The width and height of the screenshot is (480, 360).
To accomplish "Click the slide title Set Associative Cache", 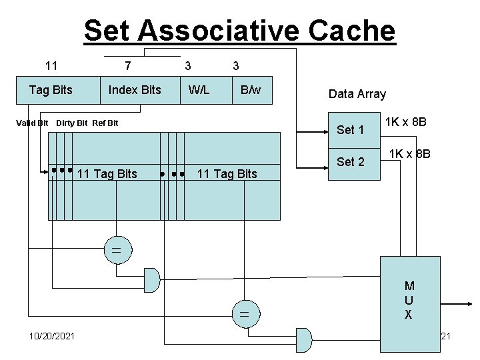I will [x=239, y=31].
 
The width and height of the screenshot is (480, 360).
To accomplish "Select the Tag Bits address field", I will [x=51, y=90].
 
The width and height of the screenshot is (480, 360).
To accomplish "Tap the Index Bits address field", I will [x=135, y=90].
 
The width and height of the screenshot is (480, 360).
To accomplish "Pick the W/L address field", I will [x=199, y=90].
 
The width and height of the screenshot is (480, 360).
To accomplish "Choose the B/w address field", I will [x=251, y=90].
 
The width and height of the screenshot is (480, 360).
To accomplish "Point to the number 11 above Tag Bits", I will [x=51, y=65].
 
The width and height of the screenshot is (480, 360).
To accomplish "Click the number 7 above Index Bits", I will [x=127, y=65].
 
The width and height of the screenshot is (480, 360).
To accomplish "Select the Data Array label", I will [x=357, y=94].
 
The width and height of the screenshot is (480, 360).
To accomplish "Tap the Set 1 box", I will [x=351, y=129].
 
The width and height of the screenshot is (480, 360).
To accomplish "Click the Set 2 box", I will [x=351, y=161].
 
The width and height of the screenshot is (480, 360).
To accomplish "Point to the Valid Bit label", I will [x=32, y=123].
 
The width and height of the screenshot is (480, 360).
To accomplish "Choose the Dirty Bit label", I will [x=72, y=123].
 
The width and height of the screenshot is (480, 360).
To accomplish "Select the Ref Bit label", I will [x=105, y=123].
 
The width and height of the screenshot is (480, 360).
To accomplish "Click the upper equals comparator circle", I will [x=115, y=251].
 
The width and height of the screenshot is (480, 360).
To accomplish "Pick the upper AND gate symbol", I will [x=153, y=280].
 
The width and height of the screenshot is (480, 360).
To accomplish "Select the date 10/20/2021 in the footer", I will [x=52, y=335].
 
